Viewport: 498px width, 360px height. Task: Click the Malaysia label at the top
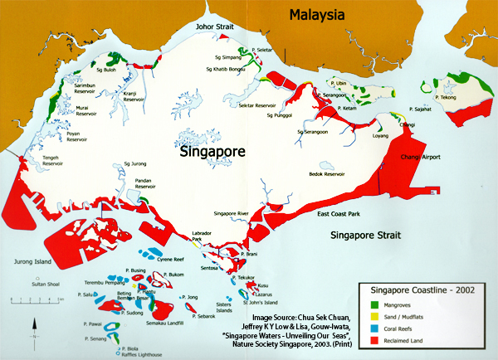click(316, 15)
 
